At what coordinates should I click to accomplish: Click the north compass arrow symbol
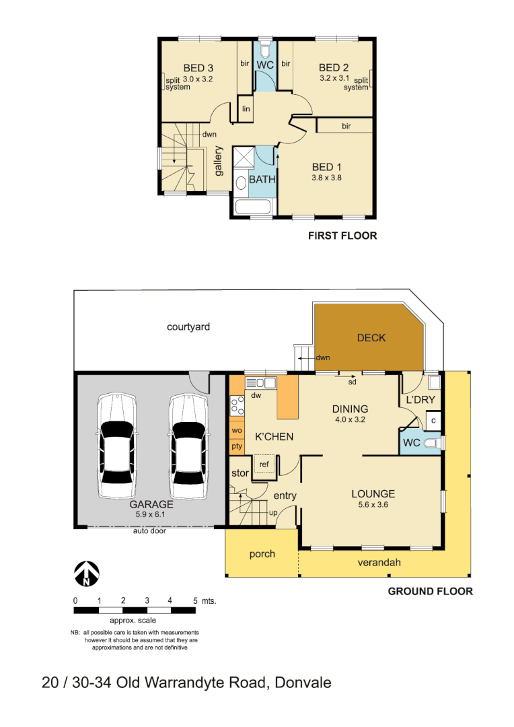point(86,573)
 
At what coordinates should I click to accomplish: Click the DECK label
point(371,337)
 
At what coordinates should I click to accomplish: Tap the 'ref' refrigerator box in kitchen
point(264,464)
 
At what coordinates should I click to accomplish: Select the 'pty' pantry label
point(236,446)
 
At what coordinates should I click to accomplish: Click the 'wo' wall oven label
point(236,429)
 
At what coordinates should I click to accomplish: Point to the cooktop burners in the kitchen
point(237,405)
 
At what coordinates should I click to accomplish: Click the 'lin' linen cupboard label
point(246,108)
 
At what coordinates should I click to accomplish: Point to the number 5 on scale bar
point(195,600)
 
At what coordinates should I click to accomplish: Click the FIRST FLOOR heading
point(342,236)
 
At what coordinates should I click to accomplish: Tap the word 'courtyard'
point(188,327)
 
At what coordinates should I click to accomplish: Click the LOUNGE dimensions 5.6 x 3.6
point(372,504)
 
